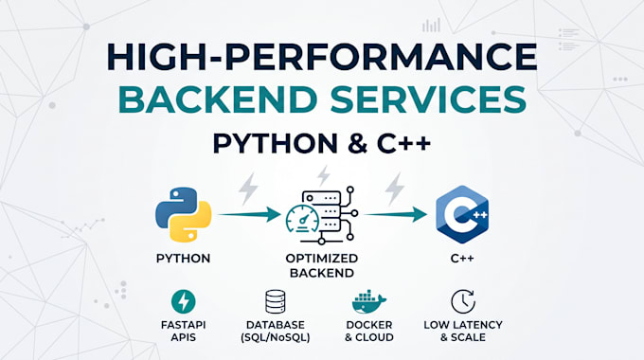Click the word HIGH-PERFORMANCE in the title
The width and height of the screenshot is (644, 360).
click(x=322, y=56)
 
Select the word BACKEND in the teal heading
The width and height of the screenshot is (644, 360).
click(x=218, y=99)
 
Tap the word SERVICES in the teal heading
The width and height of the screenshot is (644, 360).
click(x=428, y=99)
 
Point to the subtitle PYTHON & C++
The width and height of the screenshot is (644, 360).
click(x=322, y=144)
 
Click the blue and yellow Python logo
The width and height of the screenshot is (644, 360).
click(x=183, y=214)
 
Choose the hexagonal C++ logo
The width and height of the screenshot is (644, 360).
click(x=462, y=214)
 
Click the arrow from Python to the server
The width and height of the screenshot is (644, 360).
click(x=249, y=214)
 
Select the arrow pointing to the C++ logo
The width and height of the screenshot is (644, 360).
click(x=396, y=214)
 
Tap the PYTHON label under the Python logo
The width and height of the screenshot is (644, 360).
click(x=183, y=259)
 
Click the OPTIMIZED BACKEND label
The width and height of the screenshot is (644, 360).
click(x=322, y=265)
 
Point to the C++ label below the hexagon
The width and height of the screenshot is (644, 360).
click(x=462, y=259)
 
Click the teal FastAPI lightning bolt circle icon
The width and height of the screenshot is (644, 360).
click(x=183, y=301)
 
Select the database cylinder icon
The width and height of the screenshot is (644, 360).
click(x=276, y=301)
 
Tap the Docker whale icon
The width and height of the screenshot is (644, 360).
click(x=368, y=302)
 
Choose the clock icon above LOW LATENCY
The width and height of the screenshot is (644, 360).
click(x=463, y=301)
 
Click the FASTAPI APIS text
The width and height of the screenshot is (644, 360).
click(x=183, y=331)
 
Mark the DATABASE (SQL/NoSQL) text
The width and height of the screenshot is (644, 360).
click(x=276, y=332)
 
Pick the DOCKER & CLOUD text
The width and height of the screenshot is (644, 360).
click(x=368, y=331)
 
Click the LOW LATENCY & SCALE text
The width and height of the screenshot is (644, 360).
click(x=463, y=331)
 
